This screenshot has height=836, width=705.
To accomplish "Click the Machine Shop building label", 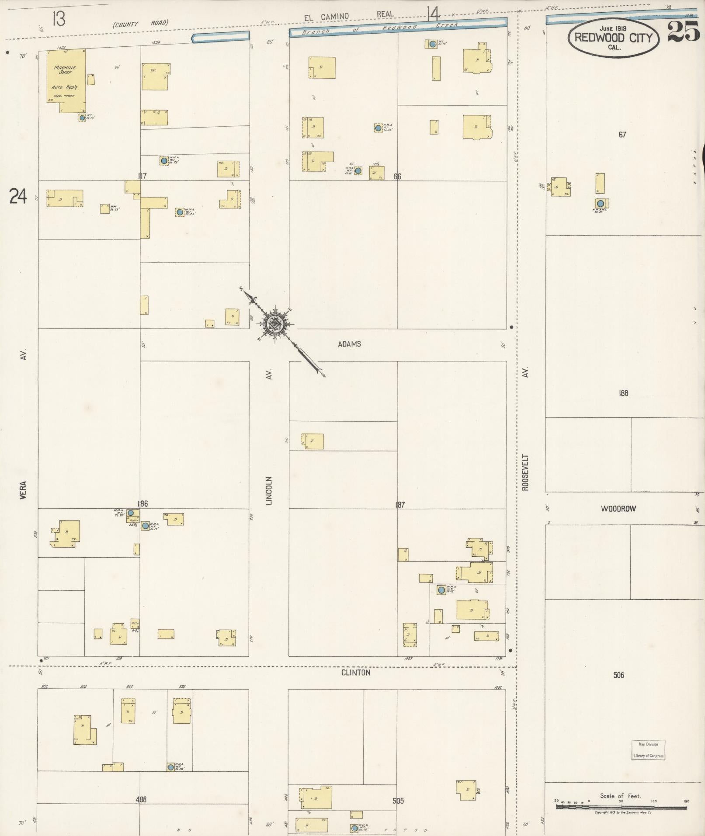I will pyautogui.click(x=65, y=70).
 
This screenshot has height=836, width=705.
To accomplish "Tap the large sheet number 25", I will pyautogui.click(x=683, y=32).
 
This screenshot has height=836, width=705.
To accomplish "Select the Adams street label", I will pyautogui.click(x=349, y=344).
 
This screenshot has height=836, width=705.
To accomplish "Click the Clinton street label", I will pyautogui.click(x=356, y=673).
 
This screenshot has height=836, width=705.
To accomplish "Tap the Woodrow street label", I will pyautogui.click(x=618, y=509).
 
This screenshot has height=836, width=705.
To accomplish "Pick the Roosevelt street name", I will pyautogui.click(x=525, y=472).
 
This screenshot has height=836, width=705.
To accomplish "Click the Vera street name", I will pyautogui.click(x=23, y=491).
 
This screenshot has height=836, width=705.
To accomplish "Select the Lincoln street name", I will pyautogui.click(x=269, y=490).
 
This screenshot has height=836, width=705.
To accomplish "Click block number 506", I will pyautogui.click(x=618, y=675).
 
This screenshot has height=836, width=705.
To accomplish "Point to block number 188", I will pyautogui.click(x=623, y=393).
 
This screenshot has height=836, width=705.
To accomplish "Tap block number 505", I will pyautogui.click(x=398, y=801).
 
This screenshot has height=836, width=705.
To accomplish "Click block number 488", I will pyautogui.click(x=141, y=799).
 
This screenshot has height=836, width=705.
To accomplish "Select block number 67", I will pyautogui.click(x=622, y=135).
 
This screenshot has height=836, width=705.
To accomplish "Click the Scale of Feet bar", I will pyautogui.click(x=621, y=807).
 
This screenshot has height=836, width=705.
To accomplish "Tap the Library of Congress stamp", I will pyautogui.click(x=648, y=750).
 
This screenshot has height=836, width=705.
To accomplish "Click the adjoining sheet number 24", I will pyautogui.click(x=18, y=196).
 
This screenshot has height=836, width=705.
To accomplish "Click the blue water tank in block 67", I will pyautogui.click(x=601, y=203).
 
